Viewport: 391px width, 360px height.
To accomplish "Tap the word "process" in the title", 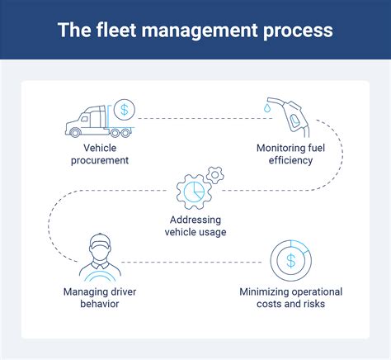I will point(298,31).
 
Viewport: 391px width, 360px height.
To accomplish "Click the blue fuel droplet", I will point(268,107).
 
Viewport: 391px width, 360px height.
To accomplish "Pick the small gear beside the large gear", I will point(215,173).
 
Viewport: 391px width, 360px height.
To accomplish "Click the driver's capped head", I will point(99,245).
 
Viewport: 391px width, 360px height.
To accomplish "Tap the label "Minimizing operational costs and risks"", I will point(290,298).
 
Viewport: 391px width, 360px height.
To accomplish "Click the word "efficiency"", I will point(290,159).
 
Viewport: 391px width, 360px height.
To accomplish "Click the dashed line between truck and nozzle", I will point(198,119).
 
